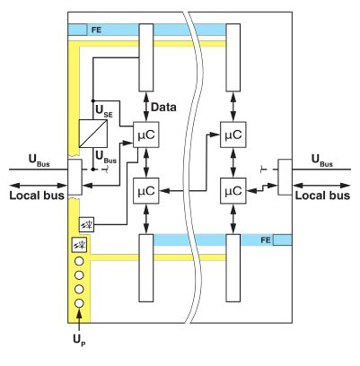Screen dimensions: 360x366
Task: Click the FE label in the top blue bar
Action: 97,30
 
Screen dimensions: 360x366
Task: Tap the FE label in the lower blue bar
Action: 266,240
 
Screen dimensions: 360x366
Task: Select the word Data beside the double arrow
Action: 163,107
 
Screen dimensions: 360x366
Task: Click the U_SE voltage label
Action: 104,110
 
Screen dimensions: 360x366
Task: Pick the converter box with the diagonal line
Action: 93,134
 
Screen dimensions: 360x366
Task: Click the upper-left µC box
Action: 146,135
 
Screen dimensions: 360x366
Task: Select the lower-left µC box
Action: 146,191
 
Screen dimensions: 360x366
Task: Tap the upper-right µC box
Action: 233,135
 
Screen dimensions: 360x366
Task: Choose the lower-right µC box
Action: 233,191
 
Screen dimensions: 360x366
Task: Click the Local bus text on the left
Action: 37,196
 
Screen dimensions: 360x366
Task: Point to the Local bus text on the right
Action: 322,196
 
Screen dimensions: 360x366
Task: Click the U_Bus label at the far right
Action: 322,160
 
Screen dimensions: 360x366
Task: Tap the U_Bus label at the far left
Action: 39,160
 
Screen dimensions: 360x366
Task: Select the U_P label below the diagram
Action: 79,340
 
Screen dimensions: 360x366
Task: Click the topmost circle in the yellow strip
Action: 79,261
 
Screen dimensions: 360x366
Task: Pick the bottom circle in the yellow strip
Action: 79,303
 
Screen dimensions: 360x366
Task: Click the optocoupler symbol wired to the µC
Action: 87,224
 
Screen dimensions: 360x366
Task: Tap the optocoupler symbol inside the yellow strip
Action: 79,245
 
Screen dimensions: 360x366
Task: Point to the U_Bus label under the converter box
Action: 106,157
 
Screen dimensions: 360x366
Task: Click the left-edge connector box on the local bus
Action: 75,178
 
